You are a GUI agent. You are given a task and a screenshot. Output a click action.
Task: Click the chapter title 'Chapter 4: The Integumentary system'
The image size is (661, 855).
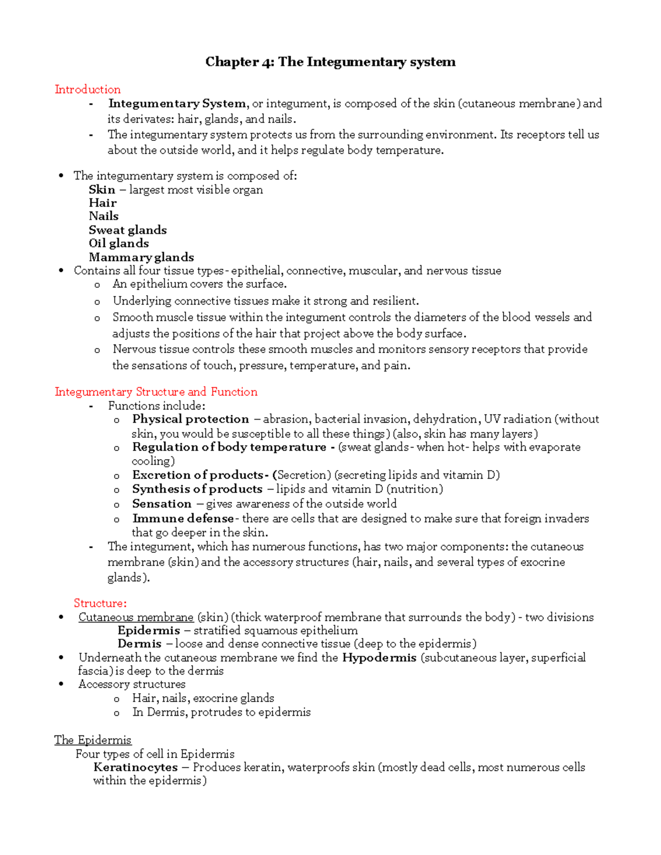coord(330,62)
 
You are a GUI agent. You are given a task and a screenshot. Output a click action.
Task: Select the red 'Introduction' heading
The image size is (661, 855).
coord(88,89)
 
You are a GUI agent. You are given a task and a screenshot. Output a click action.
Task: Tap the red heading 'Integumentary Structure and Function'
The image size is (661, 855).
coord(156,391)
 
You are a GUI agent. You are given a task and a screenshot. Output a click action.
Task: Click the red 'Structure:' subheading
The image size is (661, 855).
coord(100,603)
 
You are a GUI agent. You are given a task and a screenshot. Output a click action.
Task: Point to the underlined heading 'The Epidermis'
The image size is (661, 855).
coord(93,740)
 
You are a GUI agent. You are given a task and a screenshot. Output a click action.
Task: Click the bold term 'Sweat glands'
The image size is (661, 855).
coord(128,230)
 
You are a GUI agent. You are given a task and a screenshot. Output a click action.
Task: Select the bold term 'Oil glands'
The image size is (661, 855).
coord(119,243)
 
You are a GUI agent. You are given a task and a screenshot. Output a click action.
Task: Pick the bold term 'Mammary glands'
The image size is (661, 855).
coord(142,257)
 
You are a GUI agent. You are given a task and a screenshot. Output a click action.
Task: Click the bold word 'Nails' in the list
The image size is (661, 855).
coord(104,216)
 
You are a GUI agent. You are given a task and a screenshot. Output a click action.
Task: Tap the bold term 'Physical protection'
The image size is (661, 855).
coord(191,419)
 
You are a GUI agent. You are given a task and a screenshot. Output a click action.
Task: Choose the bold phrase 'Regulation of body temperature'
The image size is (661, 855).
coord(229,447)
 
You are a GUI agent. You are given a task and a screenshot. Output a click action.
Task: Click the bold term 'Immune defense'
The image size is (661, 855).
coord(183,519)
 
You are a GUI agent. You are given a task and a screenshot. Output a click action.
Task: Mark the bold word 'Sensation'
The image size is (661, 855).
coord(162,504)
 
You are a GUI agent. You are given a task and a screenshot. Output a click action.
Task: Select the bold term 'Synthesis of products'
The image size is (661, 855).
coord(197,489)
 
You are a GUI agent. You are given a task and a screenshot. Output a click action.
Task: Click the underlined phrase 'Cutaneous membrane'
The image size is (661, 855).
coord(136,617)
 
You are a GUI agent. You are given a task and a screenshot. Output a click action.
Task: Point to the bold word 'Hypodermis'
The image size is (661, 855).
coord(379,657)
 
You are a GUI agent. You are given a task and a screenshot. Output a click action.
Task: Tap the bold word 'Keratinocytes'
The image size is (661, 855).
coord(136,767)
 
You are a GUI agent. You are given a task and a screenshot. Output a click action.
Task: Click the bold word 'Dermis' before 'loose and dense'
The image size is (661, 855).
coord(139,644)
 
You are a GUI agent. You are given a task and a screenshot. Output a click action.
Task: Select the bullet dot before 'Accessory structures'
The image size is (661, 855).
coord(61,684)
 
